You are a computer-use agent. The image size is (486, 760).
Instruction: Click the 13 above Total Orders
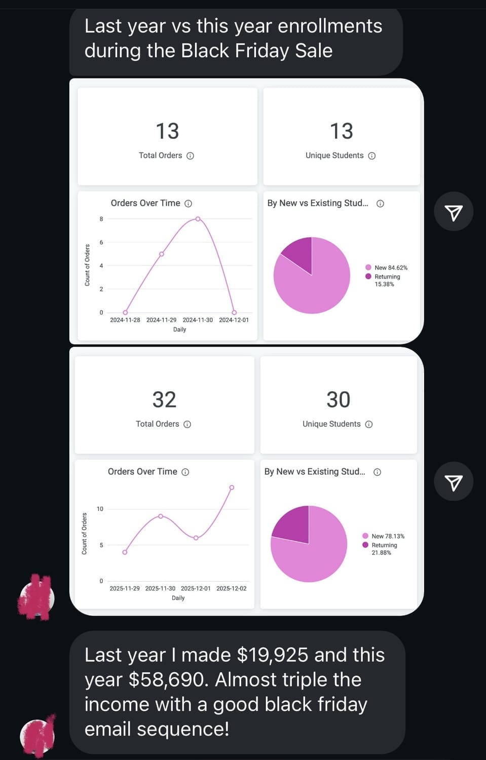pos(167,131)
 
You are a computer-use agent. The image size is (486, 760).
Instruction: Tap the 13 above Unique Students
pos(341,131)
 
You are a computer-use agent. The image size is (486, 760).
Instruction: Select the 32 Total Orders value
pos(164,400)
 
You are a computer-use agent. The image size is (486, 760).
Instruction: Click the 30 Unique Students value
pos(338,400)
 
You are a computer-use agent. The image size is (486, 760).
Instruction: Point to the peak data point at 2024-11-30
pos(198,219)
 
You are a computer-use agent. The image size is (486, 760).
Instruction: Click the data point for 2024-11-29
pos(162,254)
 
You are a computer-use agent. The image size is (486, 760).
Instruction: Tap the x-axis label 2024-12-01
pos(234,320)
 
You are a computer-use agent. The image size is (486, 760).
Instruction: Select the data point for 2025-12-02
pos(232,487)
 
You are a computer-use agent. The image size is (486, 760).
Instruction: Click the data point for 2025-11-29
pos(125,552)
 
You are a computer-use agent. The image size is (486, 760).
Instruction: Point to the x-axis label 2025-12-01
pos(196,589)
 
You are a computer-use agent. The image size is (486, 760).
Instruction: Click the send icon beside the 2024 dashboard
pos(454,212)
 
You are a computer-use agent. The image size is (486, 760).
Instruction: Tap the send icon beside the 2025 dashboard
pos(454,482)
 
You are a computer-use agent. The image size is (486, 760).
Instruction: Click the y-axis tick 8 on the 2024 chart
pos(101,219)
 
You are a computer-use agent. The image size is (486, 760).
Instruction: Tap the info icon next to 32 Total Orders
pos(187,425)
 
